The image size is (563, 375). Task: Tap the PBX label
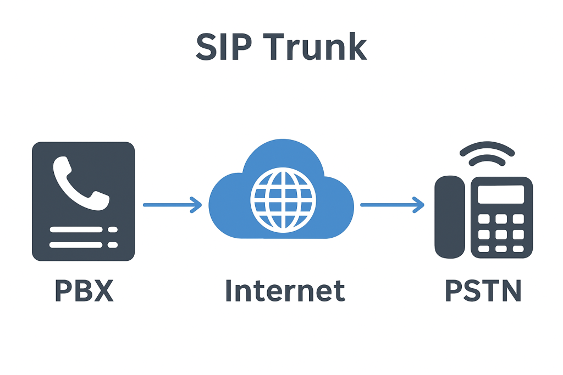click(84, 290)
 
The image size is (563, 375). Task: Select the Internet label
click(285, 290)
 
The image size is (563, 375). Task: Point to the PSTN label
click(483, 290)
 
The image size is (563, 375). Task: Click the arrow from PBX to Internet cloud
click(172, 205)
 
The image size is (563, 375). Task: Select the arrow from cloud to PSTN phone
click(392, 205)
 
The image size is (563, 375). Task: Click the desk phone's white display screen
click(500, 194)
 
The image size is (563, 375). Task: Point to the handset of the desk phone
click(450, 217)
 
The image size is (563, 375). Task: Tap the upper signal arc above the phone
click(487, 149)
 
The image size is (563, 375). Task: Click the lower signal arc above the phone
click(487, 161)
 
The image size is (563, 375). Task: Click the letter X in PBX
click(103, 290)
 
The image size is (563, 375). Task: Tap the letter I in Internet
click(229, 290)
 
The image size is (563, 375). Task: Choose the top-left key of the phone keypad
click(484, 219)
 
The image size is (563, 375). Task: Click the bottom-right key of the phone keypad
click(518, 249)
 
